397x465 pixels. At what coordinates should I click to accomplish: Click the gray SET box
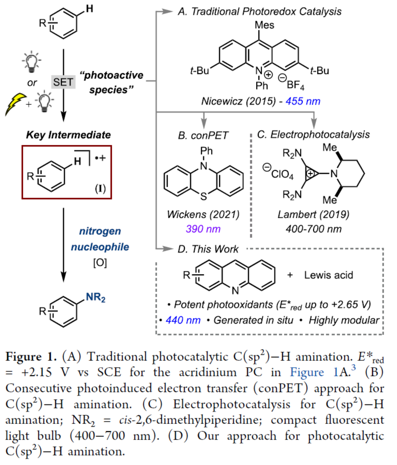63,82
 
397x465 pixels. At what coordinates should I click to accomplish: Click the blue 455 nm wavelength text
303,101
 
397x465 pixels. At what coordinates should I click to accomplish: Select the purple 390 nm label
203,229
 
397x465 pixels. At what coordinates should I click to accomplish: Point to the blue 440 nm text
183,320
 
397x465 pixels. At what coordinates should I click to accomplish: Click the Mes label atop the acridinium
264,25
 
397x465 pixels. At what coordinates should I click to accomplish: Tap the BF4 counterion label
295,85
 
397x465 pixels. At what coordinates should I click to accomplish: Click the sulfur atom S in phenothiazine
204,197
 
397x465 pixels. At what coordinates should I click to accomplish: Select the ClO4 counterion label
282,174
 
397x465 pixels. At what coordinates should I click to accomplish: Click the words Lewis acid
328,275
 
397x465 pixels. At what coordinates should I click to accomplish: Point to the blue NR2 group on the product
95,297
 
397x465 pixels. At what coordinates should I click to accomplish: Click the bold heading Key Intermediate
68,135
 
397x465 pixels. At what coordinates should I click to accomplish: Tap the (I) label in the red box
100,188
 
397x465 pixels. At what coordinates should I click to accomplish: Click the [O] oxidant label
100,263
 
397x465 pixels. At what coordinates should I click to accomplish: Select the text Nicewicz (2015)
238,101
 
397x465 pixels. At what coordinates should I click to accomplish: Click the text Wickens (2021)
203,214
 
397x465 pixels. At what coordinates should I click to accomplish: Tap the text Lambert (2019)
313,214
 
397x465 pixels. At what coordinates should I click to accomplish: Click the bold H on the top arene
90,9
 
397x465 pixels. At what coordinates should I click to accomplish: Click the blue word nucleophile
100,247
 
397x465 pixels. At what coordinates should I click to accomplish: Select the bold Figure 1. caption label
31,356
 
